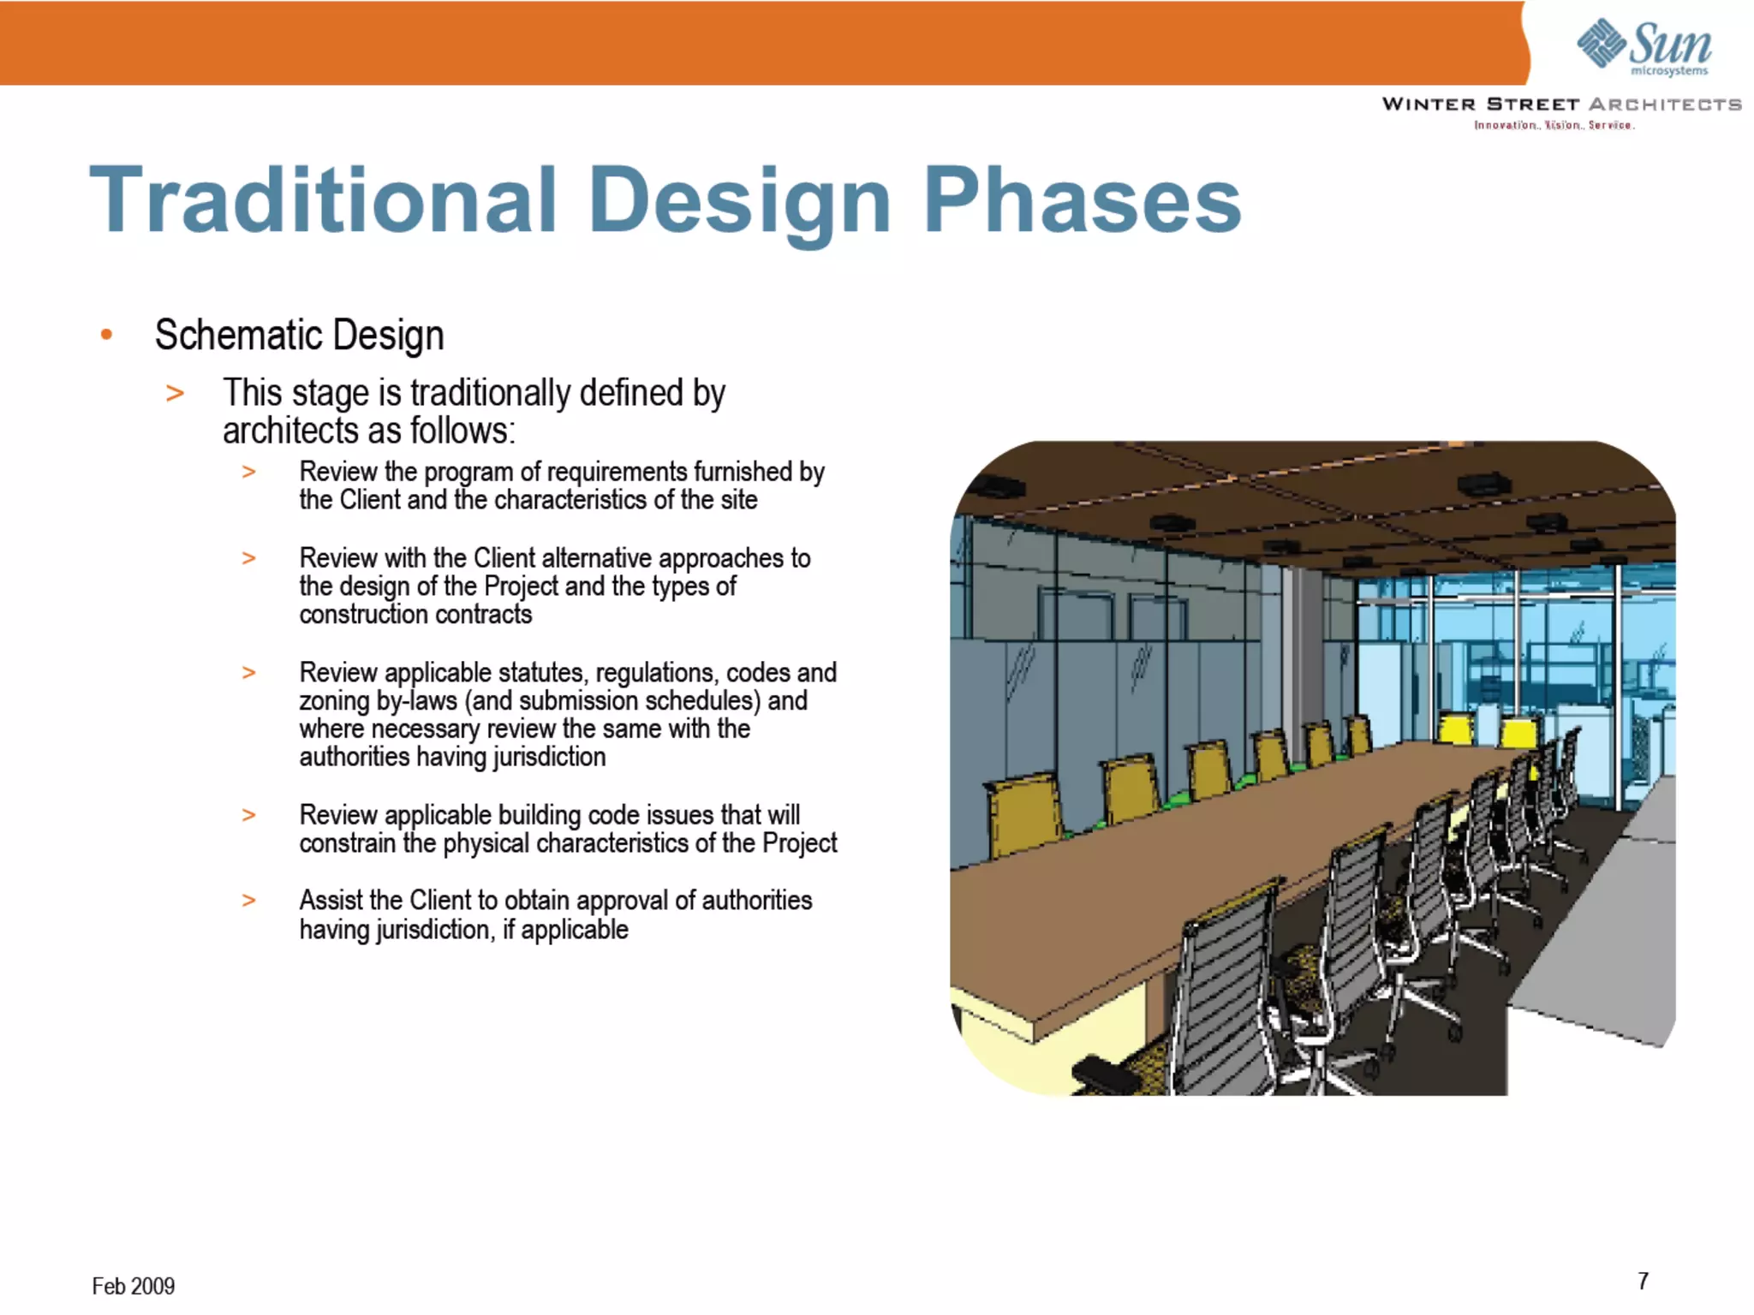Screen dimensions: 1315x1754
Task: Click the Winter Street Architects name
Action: (x=1560, y=104)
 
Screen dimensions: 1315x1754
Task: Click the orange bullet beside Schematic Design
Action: (x=106, y=335)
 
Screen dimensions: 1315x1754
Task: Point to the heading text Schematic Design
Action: (x=299, y=335)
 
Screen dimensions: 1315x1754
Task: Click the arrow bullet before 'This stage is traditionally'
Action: (x=175, y=394)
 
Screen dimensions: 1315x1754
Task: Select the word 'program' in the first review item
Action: (x=468, y=472)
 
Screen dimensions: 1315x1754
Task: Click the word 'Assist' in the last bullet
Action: (x=331, y=901)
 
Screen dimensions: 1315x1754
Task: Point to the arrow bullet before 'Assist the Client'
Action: (x=248, y=901)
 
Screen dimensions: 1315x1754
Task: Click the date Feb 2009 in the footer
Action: (x=133, y=1286)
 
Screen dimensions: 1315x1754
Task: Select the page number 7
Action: (x=1643, y=1281)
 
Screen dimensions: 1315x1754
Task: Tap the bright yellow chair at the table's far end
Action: (x=1518, y=732)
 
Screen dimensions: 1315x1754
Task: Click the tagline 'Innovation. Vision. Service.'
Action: (x=1554, y=126)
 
